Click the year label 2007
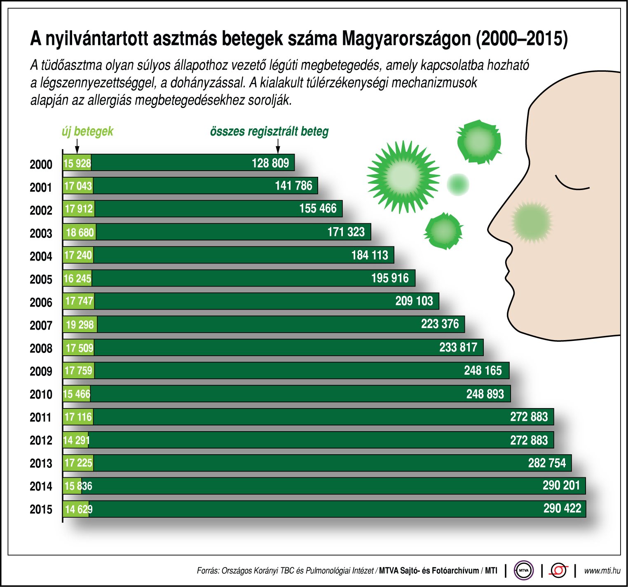[41, 325]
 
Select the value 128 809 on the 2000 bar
[270, 163]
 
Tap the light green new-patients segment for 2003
[80, 232]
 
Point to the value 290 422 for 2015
[562, 508]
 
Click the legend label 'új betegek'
[87, 131]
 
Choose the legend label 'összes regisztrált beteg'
[269, 131]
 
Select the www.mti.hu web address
[602, 571]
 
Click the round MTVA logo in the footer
[523, 571]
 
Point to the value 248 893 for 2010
[485, 394]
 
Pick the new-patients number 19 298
[80, 325]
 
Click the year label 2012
[41, 440]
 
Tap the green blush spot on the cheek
[532, 221]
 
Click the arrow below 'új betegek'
[77, 146]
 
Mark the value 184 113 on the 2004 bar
[370, 255]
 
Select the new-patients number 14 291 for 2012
[76, 440]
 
